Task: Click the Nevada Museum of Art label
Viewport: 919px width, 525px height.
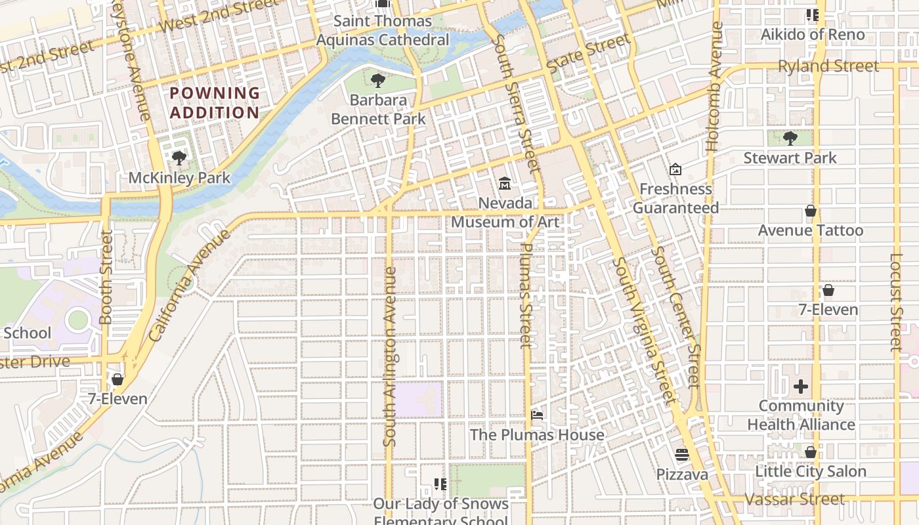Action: coord(505,213)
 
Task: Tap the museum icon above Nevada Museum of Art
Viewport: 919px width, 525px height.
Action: coord(505,183)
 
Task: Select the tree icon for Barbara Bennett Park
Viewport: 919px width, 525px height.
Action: coord(377,81)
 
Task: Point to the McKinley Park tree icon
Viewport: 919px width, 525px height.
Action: coord(179,157)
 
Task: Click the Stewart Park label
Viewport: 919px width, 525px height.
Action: coord(790,158)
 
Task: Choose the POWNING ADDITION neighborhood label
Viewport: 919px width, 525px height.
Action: coord(215,103)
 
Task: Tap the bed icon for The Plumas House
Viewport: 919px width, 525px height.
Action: coord(537,415)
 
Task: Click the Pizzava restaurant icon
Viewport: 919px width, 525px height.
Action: coord(682,455)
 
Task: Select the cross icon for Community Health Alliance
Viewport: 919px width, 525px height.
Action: coord(801,387)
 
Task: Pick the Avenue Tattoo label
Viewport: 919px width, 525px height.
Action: coord(811,230)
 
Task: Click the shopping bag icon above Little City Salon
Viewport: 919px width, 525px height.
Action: coord(811,452)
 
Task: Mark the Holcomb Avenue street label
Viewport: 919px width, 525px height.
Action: coord(716,87)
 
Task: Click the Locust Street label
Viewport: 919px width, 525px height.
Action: coord(897,302)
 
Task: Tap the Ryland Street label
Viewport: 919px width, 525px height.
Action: coord(828,66)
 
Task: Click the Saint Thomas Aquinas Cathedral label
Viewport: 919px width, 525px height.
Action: coord(383,30)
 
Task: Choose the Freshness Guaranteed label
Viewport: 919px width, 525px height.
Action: coord(675,198)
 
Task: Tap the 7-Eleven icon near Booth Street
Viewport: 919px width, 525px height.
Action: coord(118,379)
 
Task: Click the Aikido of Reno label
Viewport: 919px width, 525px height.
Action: coord(813,34)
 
